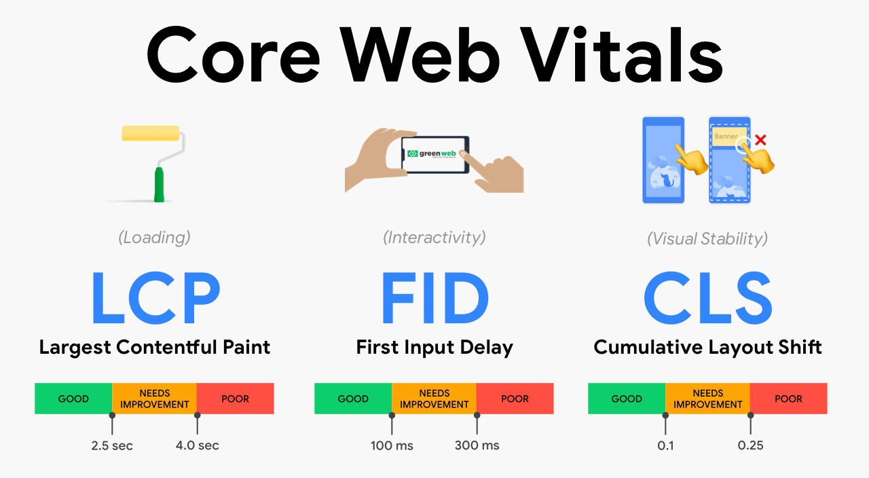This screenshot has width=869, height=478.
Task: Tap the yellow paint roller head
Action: pyautogui.click(x=151, y=133)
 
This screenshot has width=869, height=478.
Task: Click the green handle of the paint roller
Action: pyautogui.click(x=159, y=185)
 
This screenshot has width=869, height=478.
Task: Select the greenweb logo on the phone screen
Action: pyautogui.click(x=431, y=153)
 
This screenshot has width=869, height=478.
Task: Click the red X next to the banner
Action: pyautogui.click(x=760, y=140)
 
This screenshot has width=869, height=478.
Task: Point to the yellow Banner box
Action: pyautogui.click(x=729, y=136)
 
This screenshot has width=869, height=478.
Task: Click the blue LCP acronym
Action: pyautogui.click(x=156, y=297)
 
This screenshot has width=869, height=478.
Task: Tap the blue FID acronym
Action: pyautogui.click(x=435, y=297)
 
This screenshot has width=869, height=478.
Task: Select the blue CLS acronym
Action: pyautogui.click(x=708, y=297)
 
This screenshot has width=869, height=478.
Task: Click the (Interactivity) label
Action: pyautogui.click(x=434, y=238)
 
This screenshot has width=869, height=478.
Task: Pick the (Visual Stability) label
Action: pyautogui.click(x=707, y=238)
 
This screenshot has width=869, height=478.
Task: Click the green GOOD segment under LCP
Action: pyautogui.click(x=73, y=399)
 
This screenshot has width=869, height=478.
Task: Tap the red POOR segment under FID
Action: pyautogui.click(x=515, y=399)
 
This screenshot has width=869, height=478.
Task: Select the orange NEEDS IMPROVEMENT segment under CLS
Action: pyautogui.click(x=707, y=399)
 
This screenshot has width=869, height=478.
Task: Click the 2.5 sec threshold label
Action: pyautogui.click(x=112, y=445)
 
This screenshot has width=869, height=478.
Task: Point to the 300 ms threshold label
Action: pyautogui.click(x=477, y=445)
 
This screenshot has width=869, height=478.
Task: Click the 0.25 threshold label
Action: pyautogui.click(x=750, y=445)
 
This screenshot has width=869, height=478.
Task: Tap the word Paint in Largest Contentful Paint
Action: pyautogui.click(x=246, y=347)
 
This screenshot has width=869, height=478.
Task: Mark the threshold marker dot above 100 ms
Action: pyautogui.click(x=392, y=415)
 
